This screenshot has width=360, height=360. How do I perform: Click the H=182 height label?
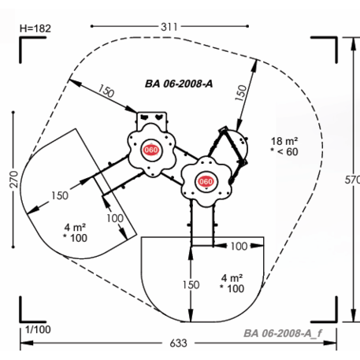(35, 28)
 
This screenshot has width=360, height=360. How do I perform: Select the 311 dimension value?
(169, 27)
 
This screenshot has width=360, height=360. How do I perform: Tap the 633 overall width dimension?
(178, 343)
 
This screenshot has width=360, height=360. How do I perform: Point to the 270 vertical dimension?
(13, 180)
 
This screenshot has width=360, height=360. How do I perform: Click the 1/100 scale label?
(38, 329)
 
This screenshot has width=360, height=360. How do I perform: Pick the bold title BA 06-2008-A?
(179, 84)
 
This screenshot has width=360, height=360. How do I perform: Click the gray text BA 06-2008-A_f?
(283, 333)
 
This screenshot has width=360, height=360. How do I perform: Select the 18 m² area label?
(284, 141)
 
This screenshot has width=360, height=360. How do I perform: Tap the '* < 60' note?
(284, 152)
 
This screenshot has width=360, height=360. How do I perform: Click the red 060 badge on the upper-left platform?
(151, 150)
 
